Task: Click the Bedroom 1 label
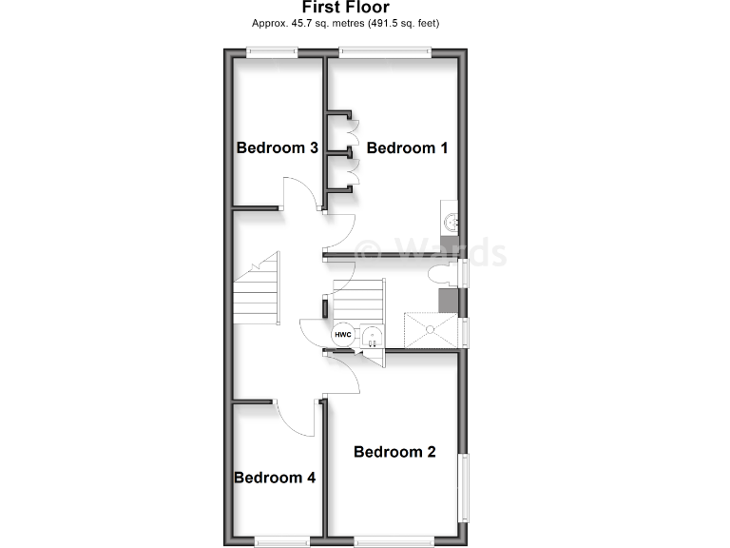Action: [x=406, y=148]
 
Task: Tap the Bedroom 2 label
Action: [x=394, y=452]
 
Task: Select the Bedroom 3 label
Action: [x=277, y=148]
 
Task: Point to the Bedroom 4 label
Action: [x=275, y=478]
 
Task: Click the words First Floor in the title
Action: [x=345, y=8]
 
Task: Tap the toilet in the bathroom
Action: [x=441, y=276]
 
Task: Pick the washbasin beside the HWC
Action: [x=374, y=335]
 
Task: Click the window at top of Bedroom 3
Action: [x=274, y=52]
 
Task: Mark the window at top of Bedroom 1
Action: [x=385, y=52]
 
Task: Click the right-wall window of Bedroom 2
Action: [x=465, y=486]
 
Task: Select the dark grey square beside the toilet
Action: [x=447, y=301]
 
